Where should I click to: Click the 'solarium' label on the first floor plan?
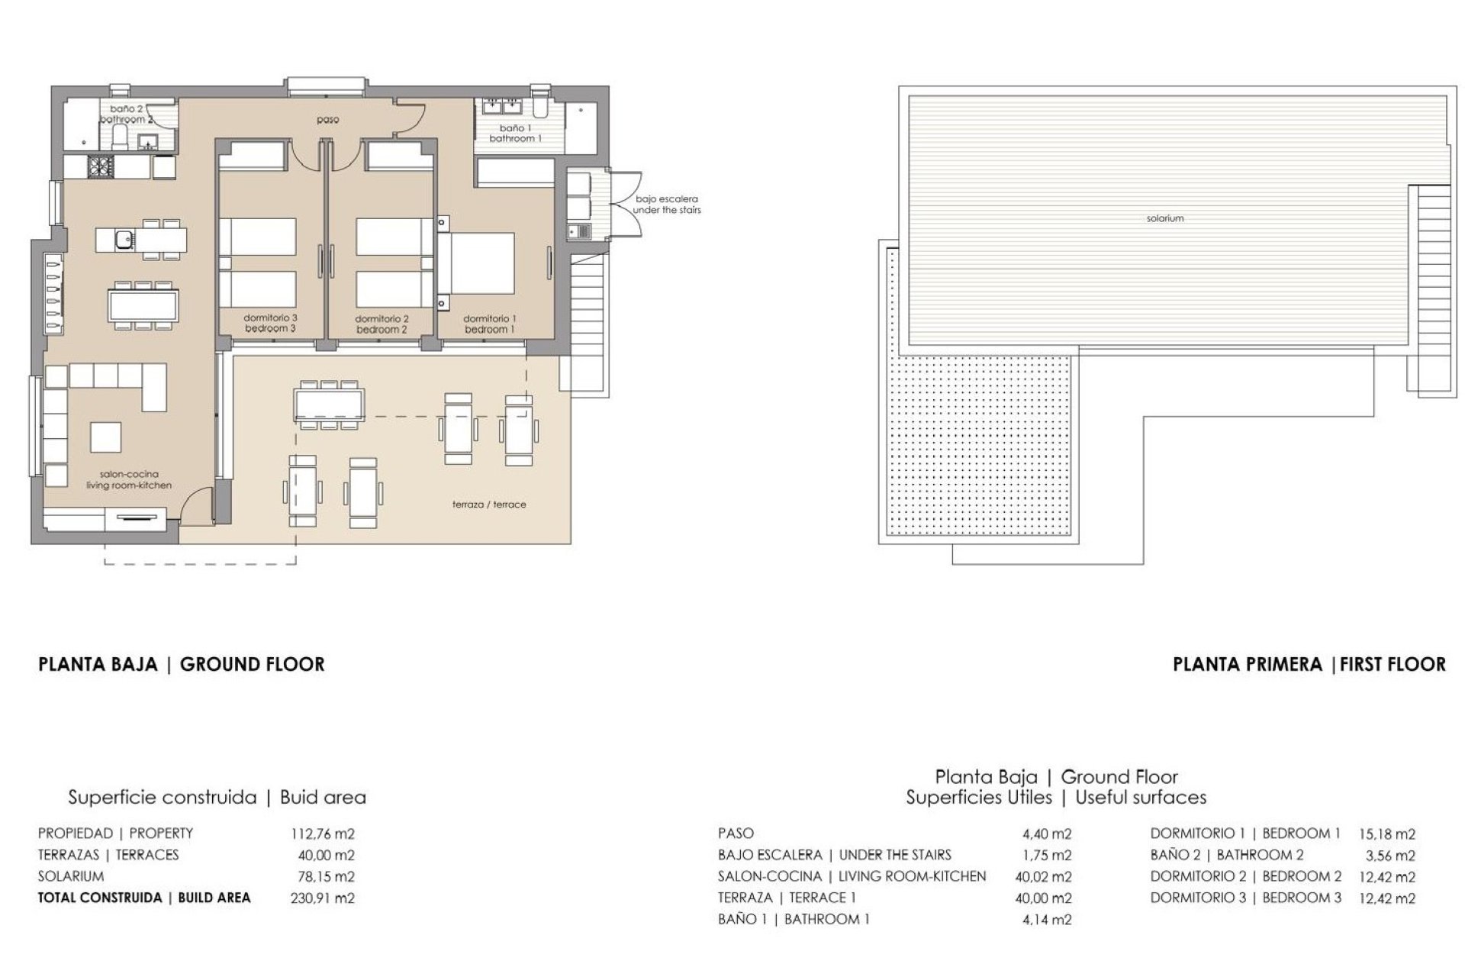pyautogui.click(x=1164, y=218)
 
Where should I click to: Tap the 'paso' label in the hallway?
pyautogui.click(x=327, y=120)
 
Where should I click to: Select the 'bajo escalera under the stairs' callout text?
pyautogui.click(x=667, y=205)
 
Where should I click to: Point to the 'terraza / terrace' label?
pyautogui.click(x=489, y=505)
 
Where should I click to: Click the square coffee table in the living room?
pyautogui.click(x=106, y=437)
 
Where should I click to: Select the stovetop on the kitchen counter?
pyautogui.click(x=100, y=166)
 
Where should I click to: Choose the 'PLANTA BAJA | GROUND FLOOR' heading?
pyautogui.click(x=182, y=664)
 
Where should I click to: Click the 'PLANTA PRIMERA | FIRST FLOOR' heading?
pyautogui.click(x=1309, y=664)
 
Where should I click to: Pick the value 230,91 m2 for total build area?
pyautogui.click(x=322, y=898)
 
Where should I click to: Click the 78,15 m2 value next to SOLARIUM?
pyautogui.click(x=326, y=876)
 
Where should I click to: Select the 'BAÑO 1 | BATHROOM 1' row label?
pyautogui.click(x=794, y=919)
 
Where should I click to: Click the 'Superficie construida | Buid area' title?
pyautogui.click(x=217, y=798)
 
